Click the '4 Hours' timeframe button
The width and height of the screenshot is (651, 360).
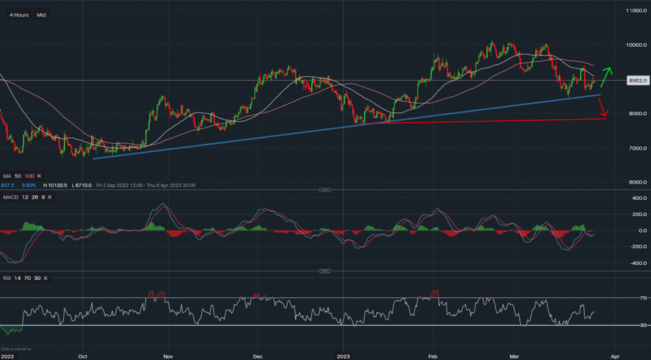19,15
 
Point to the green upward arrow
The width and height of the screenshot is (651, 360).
606,77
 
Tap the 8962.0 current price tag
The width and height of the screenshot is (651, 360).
636,81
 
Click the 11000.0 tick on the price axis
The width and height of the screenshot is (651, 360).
635,11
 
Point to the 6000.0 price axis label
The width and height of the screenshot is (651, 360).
636,183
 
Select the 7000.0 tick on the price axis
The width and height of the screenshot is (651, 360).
636,148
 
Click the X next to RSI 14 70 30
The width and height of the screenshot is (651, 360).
49,278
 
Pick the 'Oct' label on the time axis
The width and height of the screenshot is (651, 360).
83,356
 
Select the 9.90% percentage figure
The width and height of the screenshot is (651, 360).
26,185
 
